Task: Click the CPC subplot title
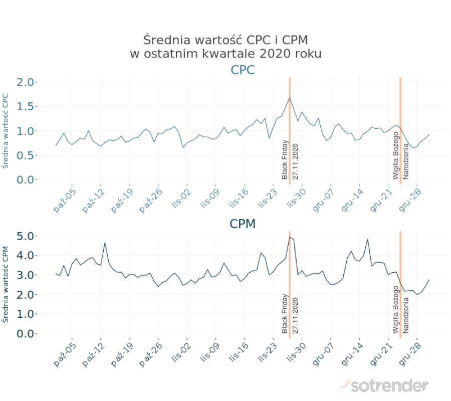[x=243, y=70]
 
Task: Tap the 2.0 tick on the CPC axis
[x=26, y=82]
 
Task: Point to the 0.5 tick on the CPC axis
[x=26, y=155]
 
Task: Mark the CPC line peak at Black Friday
[x=290, y=98]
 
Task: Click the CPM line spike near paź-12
[x=105, y=243]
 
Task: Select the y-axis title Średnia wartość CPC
[x=6, y=131]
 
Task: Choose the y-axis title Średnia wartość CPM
[x=6, y=284]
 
